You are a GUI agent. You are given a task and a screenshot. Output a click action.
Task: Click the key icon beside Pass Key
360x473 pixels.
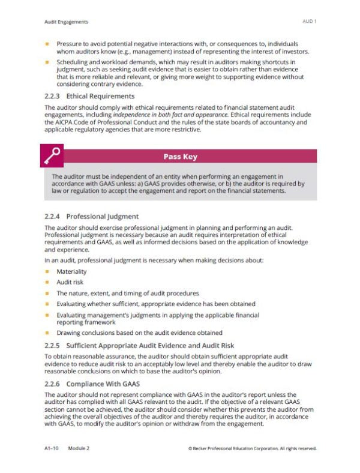click(52, 156)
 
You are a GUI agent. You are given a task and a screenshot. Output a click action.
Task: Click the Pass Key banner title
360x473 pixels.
click(180, 157)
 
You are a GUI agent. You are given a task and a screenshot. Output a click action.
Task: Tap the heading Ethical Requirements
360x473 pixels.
click(100, 96)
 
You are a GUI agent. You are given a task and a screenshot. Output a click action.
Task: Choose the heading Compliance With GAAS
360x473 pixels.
click(103, 383)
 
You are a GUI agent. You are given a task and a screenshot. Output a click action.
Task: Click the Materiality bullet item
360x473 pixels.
click(71, 272)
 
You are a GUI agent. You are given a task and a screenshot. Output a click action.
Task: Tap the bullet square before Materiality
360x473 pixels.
click(47, 272)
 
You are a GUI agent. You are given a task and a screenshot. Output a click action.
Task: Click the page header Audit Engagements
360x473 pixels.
click(67, 22)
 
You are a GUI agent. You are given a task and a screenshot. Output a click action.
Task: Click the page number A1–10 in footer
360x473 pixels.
click(53, 448)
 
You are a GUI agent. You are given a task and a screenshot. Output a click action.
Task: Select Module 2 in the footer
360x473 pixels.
click(79, 448)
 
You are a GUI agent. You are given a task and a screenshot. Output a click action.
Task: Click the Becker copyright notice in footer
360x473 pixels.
click(252, 448)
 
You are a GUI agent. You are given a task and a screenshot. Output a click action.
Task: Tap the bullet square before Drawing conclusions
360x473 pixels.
click(47, 333)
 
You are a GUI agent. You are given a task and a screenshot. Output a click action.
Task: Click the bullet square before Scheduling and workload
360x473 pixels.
click(47, 62)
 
